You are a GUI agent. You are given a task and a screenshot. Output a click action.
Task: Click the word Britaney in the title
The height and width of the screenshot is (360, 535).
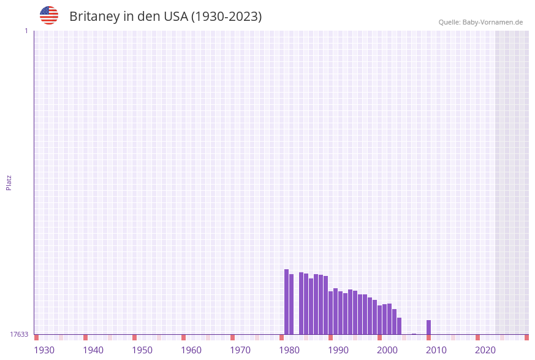coord(94,17)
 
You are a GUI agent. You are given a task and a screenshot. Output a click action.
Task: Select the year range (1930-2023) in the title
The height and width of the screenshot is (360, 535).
coord(227,17)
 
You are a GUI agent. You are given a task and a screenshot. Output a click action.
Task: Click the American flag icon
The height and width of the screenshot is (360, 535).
coord(49,15)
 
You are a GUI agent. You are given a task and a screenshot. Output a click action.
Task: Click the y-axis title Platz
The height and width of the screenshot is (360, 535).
coord(9,182)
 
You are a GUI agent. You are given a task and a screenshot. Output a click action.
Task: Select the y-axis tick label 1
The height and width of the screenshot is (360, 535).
coord(26,31)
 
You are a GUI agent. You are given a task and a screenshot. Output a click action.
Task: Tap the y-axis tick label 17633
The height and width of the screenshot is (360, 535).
coord(19,334)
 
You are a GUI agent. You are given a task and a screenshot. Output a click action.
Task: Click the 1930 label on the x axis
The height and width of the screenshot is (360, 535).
coord(44,350)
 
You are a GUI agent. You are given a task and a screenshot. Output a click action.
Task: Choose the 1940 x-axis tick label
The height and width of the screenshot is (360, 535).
coord(93,350)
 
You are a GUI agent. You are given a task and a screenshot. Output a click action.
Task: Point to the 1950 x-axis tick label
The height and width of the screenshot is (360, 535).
coord(142,350)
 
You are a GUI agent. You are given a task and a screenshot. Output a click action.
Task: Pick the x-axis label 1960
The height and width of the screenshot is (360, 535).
coord(191,350)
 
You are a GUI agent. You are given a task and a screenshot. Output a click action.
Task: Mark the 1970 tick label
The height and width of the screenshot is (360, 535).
coord(240,350)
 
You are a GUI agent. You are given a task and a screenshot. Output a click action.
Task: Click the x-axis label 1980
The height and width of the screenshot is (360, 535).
coord(289,350)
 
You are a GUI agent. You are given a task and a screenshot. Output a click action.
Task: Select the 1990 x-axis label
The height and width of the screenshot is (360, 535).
coord(338,350)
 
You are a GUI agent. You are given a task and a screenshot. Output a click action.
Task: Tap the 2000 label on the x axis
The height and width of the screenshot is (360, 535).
coord(387,350)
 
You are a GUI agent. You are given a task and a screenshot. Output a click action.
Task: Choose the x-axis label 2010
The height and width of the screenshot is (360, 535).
coord(436,350)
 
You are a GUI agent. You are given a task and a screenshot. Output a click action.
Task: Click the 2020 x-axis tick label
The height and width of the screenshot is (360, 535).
coord(485,350)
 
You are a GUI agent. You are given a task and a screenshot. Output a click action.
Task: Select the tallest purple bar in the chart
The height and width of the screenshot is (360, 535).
coord(286,302)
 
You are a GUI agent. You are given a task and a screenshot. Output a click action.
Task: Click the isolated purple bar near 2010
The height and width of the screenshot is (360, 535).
coord(428,327)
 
